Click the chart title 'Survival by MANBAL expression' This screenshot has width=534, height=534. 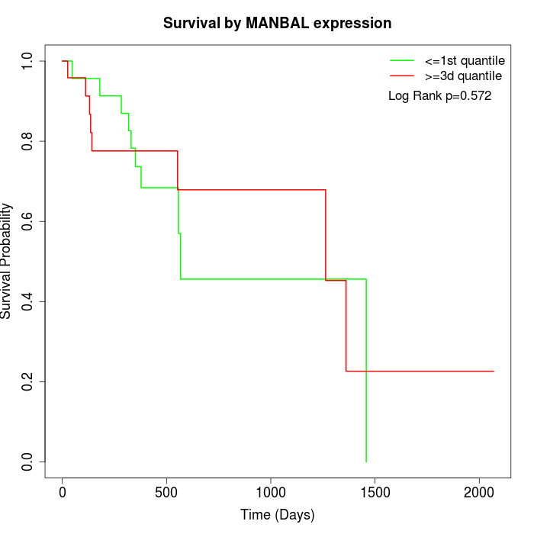(277, 24)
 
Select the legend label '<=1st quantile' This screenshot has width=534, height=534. (465, 60)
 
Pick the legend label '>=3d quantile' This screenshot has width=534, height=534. (463, 76)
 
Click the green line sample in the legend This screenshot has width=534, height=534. (402, 60)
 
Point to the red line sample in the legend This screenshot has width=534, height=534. (402, 76)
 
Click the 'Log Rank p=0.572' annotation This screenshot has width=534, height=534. (439, 96)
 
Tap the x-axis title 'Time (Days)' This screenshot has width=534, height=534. (277, 515)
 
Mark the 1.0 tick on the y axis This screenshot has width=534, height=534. (27, 61)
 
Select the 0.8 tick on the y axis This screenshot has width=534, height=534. (27, 141)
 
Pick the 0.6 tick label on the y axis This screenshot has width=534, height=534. (27, 221)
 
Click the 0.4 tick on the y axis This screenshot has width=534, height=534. (27, 301)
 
